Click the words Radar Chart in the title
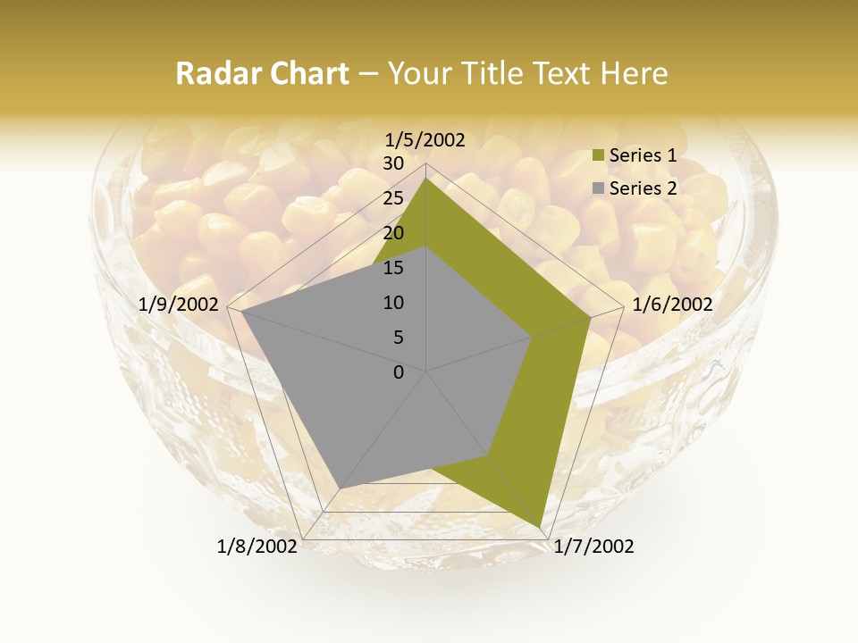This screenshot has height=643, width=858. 262,74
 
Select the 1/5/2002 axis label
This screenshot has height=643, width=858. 425,139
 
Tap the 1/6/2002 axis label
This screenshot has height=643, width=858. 672,305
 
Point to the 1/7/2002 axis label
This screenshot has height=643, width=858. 593,547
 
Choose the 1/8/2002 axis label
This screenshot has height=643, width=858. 257,547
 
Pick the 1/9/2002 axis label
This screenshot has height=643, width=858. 179,305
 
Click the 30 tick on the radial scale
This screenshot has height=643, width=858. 393,163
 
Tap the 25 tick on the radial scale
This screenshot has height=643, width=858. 393,198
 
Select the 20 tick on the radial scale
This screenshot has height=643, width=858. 393,233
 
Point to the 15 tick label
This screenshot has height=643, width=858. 393,268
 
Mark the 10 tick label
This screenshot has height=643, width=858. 393,303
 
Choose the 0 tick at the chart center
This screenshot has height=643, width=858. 399,372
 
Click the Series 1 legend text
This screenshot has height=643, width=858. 643,155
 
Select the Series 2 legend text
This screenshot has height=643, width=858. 643,188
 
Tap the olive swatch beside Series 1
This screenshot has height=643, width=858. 599,156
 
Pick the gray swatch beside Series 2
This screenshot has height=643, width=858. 599,188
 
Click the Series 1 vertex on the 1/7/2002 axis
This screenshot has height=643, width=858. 540,527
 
